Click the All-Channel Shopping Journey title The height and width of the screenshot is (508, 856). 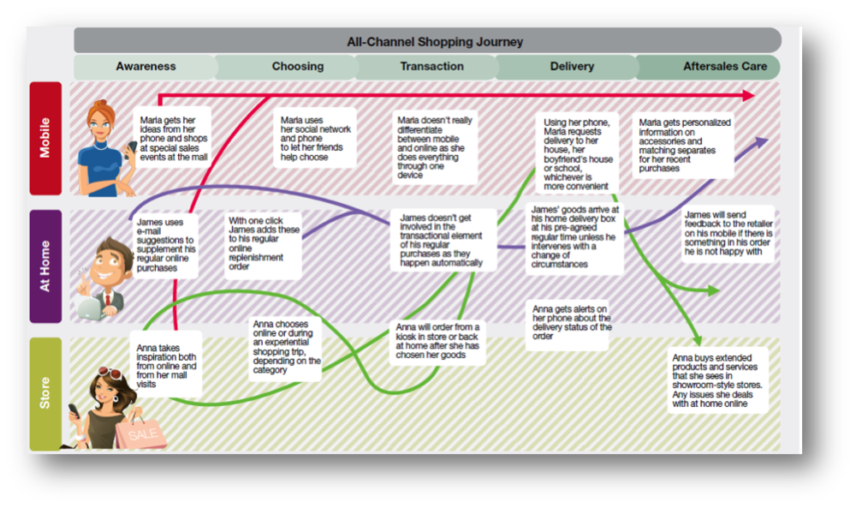click(434, 41)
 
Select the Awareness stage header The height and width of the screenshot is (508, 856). click(146, 66)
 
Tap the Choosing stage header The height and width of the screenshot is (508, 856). click(297, 66)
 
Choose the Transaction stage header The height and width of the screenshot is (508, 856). click(431, 66)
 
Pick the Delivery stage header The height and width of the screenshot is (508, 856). click(572, 66)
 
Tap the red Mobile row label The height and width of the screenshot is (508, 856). click(45, 138)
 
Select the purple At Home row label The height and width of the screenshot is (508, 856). click(45, 266)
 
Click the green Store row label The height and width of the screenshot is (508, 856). click(45, 393)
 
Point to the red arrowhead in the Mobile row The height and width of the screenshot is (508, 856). click(748, 95)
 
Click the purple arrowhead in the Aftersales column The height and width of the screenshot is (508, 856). click(762, 143)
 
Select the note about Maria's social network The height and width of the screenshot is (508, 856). click(315, 139)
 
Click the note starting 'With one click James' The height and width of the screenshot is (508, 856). click(263, 243)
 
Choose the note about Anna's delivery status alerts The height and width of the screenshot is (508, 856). click(572, 322)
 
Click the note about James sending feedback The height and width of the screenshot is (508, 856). click(728, 231)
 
